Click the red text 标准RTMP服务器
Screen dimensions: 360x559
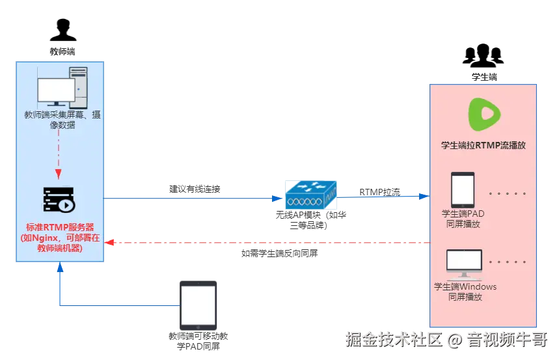pyautogui.click(x=60, y=227)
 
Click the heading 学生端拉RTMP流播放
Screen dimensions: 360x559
pyautogui.click(x=483, y=145)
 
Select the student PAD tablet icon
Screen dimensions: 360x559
pyautogui.click(x=463, y=189)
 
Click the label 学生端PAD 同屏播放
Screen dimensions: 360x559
pyautogui.click(x=463, y=219)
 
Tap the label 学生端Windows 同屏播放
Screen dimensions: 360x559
pyautogui.click(x=465, y=292)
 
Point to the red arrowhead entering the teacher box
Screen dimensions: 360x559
pyautogui.click(x=111, y=243)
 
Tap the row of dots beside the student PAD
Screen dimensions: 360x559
pyautogui.click(x=507, y=193)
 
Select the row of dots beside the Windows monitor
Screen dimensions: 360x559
pyautogui.click(x=507, y=262)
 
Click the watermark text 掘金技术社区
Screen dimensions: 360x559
pyautogui.click(x=392, y=339)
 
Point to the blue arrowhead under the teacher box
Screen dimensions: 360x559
pyautogui.click(x=59, y=268)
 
